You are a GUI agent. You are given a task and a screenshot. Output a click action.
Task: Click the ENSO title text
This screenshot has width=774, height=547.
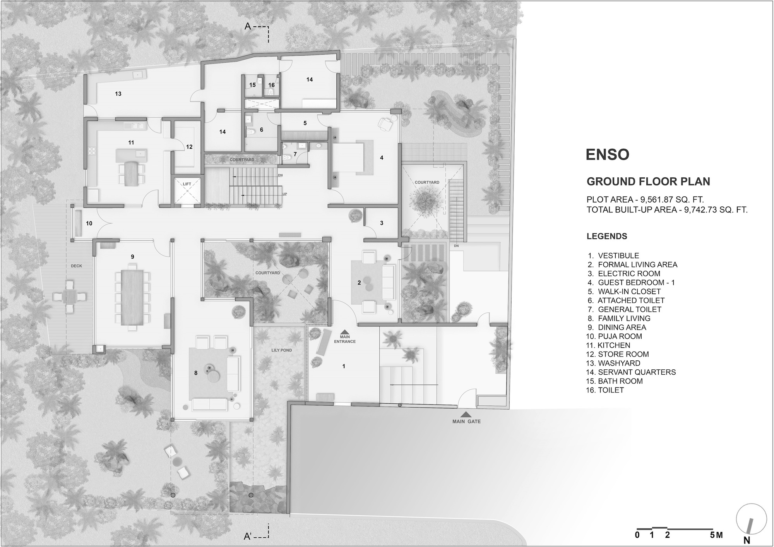607,154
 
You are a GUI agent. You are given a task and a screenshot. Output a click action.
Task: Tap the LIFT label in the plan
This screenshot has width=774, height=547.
187,184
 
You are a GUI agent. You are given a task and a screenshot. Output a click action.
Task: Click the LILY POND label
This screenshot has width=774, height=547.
281,350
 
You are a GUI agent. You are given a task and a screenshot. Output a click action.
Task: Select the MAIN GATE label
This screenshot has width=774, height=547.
466,422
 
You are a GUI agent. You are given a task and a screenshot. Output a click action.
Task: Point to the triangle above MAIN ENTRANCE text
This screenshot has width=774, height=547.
344,332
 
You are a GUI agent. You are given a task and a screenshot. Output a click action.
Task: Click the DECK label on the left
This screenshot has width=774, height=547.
76,266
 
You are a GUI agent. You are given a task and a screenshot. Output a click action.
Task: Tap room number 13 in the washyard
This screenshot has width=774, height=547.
118,94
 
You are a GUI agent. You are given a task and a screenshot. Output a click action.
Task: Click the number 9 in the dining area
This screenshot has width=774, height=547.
132,257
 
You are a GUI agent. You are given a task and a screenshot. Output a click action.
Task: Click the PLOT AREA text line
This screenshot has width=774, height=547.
645,200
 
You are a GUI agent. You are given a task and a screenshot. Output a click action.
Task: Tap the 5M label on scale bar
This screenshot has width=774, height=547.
716,535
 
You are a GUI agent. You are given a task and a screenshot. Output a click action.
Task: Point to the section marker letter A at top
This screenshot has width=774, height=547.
248,27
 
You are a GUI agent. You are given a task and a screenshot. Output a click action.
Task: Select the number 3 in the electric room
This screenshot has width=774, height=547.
382,223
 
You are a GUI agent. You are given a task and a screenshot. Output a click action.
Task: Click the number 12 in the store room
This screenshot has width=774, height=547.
189,147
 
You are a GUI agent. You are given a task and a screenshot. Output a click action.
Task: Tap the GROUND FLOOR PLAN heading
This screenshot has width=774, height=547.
648,181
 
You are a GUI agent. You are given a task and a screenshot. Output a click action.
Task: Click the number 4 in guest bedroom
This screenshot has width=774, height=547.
382,158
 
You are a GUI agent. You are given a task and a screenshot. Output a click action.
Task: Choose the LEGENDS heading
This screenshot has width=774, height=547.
607,236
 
